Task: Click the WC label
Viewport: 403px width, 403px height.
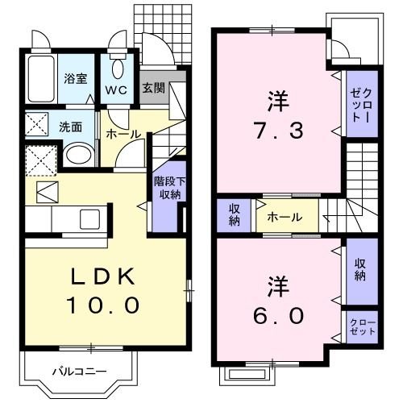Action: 116,89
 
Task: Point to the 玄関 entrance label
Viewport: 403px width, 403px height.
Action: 154,88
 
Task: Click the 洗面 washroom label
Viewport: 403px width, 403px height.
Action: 70,127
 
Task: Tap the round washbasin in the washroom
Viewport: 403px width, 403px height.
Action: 78,154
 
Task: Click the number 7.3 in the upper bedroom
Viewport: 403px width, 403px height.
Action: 276,131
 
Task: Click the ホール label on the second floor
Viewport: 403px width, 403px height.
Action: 285,217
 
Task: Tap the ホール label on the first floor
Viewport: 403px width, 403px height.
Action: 122,135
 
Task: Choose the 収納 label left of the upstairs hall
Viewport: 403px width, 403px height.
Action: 234,216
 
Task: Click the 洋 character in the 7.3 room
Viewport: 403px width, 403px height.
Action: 276,102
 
